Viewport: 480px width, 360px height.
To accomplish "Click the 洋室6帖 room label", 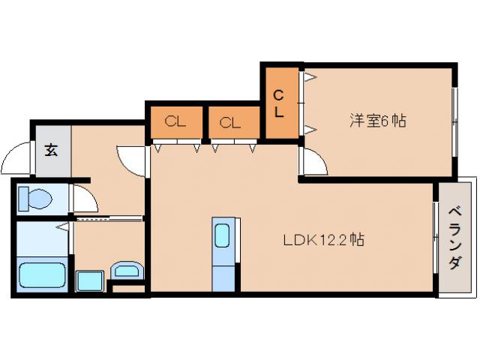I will (378, 121).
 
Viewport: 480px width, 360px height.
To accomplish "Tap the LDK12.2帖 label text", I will (324, 241).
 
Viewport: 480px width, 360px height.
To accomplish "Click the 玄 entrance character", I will (51, 150).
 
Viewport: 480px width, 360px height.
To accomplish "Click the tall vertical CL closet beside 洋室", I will (279, 103).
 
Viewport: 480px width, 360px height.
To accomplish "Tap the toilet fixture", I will (36, 199).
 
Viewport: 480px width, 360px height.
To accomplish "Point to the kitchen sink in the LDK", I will (223, 236).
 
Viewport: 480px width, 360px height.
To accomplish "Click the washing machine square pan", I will (90, 281).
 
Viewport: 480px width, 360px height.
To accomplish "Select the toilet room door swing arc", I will (82, 198).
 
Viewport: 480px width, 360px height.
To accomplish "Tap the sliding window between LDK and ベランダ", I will (436, 238).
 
